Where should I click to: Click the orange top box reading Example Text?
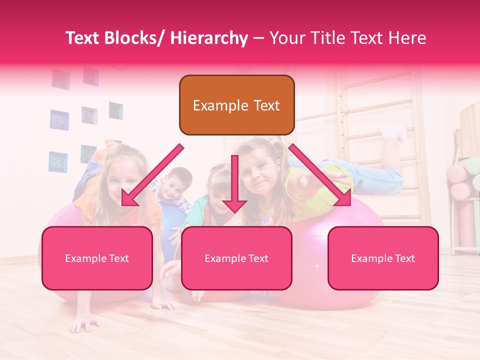(236, 105)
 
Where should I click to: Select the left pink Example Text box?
(97, 258)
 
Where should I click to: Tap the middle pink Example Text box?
(236, 258)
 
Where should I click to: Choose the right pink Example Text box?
(383, 258)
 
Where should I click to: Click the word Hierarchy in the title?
(209, 38)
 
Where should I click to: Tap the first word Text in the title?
(84, 38)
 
